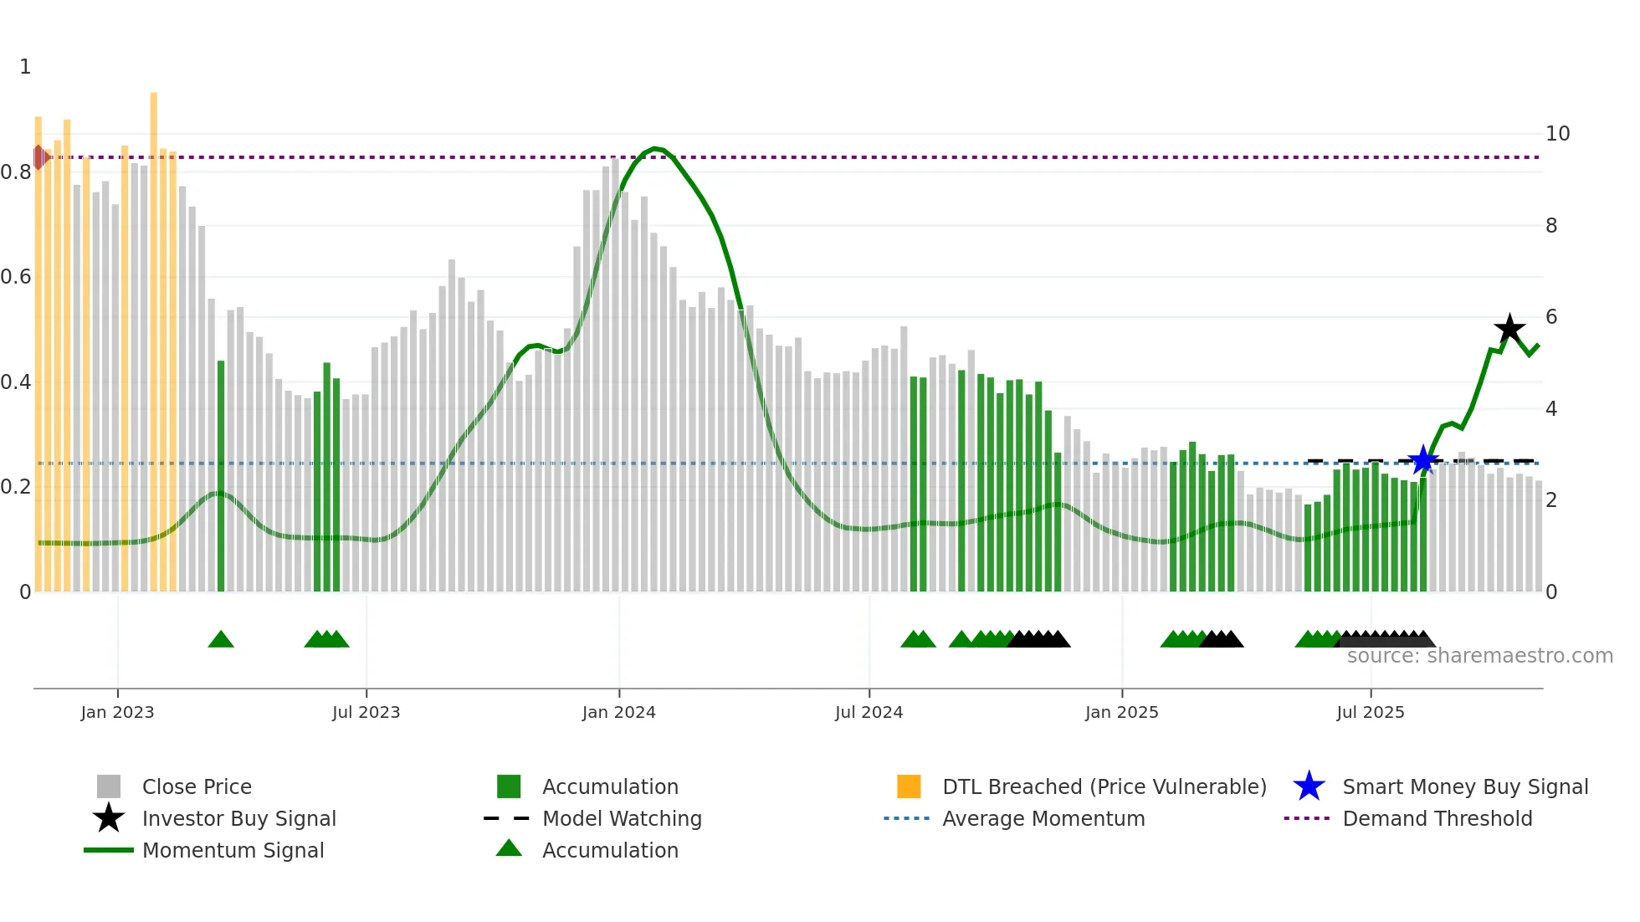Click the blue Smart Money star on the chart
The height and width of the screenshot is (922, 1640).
(1422, 460)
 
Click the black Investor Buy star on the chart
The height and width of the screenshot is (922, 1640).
(1509, 329)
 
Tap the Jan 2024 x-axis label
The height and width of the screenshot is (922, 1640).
(618, 712)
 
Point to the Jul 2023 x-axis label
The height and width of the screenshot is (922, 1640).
(366, 712)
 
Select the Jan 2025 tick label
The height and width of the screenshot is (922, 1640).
(1121, 712)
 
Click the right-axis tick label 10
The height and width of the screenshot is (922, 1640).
(1557, 134)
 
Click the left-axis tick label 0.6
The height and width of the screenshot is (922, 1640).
(16, 277)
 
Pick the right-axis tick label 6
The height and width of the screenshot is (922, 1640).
(1551, 317)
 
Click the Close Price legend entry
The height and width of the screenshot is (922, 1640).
(196, 786)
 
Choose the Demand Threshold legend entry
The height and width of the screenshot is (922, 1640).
(1437, 818)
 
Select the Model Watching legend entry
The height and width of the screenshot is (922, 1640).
(621, 818)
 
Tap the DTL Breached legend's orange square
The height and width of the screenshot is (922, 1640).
(909, 786)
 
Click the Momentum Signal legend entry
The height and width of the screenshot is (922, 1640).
(232, 850)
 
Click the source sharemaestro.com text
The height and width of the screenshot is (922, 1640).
(1479, 656)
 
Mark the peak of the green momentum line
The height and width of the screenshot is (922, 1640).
(655, 148)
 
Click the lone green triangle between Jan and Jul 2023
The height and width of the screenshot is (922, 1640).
(221, 639)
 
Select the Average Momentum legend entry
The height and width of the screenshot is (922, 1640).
(1043, 818)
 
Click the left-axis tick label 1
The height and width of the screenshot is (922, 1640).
(25, 67)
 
